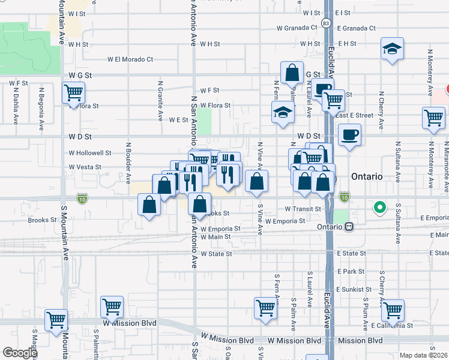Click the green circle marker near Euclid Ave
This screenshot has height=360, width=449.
[x=379, y=208]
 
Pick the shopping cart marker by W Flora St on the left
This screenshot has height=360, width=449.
[x=74, y=93]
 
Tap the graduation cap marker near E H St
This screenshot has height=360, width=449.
[x=392, y=49]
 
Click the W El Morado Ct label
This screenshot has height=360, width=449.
[x=131, y=59]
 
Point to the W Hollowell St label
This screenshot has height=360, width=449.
[x=89, y=153]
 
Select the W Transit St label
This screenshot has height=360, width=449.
[x=304, y=208]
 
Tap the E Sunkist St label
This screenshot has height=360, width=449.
[x=355, y=289]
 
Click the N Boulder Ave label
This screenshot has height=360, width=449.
[x=128, y=162]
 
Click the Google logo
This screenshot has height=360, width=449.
[x=19, y=353]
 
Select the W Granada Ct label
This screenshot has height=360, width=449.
[x=297, y=28]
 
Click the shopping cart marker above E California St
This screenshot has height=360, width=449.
[x=393, y=311]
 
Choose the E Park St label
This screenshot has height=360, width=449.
[x=351, y=271]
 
